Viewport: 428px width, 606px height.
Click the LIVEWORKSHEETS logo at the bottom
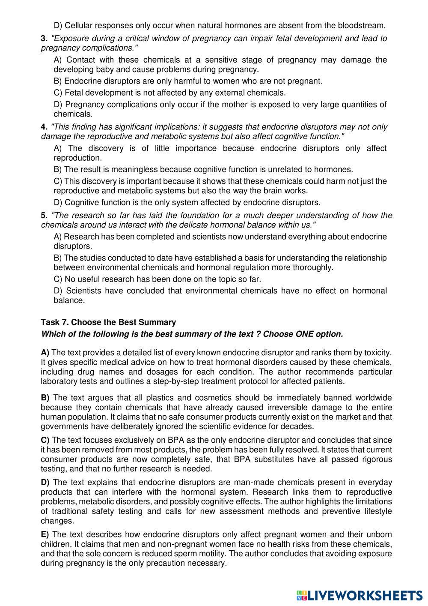(359, 595)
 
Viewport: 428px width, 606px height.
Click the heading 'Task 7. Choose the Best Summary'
(108, 322)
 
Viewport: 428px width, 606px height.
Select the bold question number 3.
(44, 39)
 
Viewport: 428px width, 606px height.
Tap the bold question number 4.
(44, 127)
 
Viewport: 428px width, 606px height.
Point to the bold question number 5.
(44, 215)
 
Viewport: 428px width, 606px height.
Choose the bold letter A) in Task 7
(45, 353)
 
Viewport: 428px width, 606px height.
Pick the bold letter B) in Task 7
(45, 398)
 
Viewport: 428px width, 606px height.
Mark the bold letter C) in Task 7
(45, 440)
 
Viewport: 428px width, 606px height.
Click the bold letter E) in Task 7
(45, 534)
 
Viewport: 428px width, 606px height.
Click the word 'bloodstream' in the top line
(363, 25)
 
